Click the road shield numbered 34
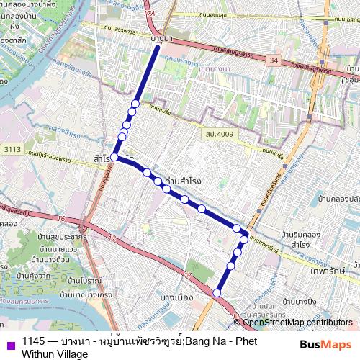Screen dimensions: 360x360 tap(272, 61)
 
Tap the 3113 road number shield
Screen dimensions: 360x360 tap(12, 149)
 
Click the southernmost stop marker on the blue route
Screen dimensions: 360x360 tap(217, 292)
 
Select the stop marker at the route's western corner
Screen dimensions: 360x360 tap(114, 156)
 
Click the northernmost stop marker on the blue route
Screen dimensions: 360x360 tap(135, 104)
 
